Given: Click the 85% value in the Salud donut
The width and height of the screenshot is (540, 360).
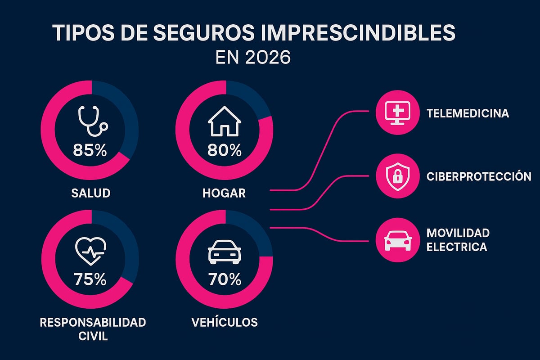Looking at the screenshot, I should (90, 150).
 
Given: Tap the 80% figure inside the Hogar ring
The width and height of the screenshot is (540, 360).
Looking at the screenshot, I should (225, 150).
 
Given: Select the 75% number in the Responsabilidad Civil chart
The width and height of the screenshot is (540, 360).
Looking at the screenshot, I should (90, 280).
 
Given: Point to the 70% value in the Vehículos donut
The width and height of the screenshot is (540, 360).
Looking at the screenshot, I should (225, 280).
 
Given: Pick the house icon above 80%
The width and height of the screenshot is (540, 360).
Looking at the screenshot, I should (225, 122).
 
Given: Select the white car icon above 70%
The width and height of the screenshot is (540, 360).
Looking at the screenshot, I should (225, 253).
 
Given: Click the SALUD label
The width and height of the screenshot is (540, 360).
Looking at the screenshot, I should (90, 193).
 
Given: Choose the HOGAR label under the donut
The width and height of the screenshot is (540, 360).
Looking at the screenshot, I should (224, 193).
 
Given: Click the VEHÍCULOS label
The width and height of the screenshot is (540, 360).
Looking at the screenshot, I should (224, 322).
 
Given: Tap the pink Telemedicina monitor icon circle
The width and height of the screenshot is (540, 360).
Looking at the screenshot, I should (395, 113).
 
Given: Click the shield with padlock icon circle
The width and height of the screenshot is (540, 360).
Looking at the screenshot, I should (395, 176).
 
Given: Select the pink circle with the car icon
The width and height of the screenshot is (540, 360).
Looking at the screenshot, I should (395, 240).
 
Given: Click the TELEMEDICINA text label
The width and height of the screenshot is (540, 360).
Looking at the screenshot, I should (468, 113).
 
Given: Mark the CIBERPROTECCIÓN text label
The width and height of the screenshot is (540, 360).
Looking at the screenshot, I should (479, 176).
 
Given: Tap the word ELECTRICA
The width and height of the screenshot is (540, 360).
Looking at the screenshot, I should (457, 247).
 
